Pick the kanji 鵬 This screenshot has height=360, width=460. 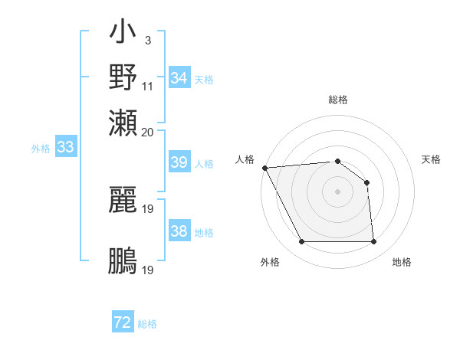point(123,260)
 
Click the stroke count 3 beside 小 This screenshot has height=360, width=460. point(147,40)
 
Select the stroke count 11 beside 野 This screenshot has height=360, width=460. point(148,85)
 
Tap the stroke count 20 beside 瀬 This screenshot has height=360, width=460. point(148,131)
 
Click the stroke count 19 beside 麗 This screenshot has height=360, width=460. point(148,208)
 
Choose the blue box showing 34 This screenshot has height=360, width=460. point(179,78)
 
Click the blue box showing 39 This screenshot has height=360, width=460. point(179,162)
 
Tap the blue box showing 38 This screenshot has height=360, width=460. point(179,231)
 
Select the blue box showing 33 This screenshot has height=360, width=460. point(65,148)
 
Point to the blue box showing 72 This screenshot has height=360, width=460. point(123,323)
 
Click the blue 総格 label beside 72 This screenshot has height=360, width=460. point(147,324)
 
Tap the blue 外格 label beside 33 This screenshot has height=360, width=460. point(41,149)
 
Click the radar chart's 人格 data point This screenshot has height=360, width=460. point(264,168)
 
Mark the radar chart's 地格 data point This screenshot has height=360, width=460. point(373,242)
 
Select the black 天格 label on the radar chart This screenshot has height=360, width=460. point(432,159)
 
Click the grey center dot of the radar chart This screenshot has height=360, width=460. point(337,191)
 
